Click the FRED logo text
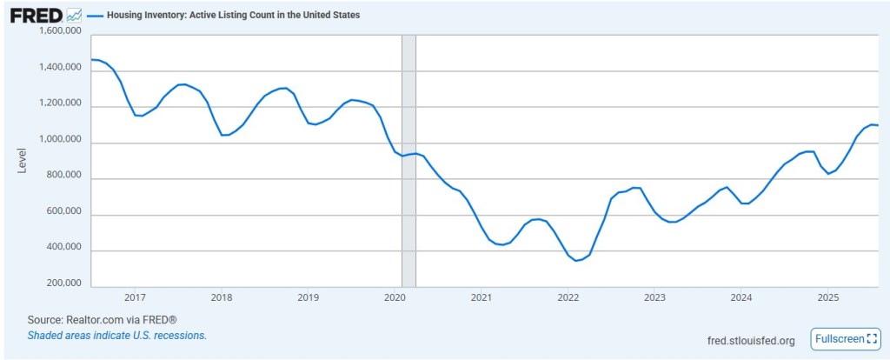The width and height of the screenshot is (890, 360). [x=36, y=16]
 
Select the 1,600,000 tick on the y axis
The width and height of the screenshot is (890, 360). [x=61, y=32]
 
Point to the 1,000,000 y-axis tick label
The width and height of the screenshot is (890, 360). [x=61, y=140]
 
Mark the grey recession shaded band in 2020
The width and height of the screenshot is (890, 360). [x=408, y=161]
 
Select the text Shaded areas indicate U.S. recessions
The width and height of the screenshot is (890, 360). [x=116, y=335]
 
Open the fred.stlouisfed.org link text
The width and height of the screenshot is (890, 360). [x=752, y=340]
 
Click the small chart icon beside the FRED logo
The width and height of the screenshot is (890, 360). [x=75, y=16]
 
